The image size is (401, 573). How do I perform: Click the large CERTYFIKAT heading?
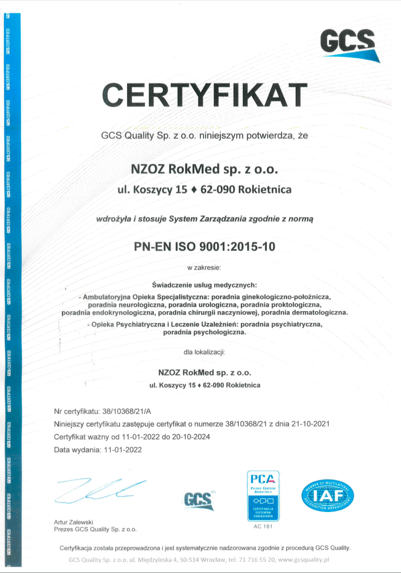(x=205, y=95)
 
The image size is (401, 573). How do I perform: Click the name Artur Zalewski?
(x=73, y=522)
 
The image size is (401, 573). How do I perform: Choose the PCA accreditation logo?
(x=263, y=495)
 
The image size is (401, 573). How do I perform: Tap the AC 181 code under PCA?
(x=263, y=527)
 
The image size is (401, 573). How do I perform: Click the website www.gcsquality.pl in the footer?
(x=304, y=559)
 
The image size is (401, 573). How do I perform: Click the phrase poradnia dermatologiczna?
(x=304, y=312)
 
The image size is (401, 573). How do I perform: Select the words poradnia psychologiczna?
(x=205, y=332)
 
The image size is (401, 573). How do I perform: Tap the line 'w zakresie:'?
(x=205, y=267)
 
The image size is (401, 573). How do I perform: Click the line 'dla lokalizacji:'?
(x=204, y=352)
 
